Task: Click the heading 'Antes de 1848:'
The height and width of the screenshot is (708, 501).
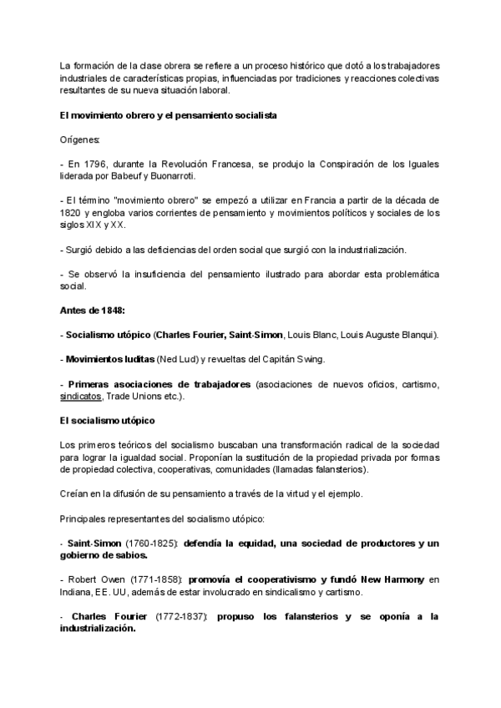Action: click(93, 311)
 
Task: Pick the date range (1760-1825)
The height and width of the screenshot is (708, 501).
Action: click(151, 544)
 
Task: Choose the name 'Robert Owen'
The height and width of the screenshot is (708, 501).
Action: click(92, 579)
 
